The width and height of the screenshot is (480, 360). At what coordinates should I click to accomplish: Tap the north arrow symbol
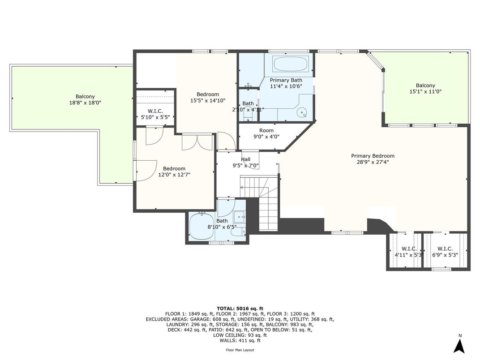pyautogui.click(x=459, y=346)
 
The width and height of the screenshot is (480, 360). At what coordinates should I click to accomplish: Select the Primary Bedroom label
pyautogui.click(x=373, y=156)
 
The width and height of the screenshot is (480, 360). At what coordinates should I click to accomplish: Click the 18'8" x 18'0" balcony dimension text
pyautogui.click(x=85, y=103)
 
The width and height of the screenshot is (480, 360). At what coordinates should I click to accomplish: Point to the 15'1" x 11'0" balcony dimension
pyautogui.click(x=425, y=91)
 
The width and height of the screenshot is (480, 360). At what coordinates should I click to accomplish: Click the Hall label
pyautogui.click(x=245, y=159)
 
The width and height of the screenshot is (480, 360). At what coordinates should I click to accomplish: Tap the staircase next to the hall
pyautogui.click(x=259, y=202)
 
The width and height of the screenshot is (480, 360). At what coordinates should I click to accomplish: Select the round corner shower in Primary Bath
pyautogui.click(x=302, y=113)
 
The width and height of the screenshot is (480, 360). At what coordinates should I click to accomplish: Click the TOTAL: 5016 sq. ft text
pyautogui.click(x=240, y=309)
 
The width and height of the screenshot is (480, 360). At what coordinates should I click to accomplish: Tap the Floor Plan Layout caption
pyautogui.click(x=240, y=350)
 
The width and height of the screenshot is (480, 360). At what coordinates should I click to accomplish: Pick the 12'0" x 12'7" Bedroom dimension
pyautogui.click(x=174, y=175)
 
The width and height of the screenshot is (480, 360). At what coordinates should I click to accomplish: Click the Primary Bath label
pyautogui.click(x=286, y=80)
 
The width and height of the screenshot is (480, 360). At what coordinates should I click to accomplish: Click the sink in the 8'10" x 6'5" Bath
pyautogui.click(x=239, y=217)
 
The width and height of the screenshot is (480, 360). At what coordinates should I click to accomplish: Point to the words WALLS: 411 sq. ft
pyautogui.click(x=240, y=340)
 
